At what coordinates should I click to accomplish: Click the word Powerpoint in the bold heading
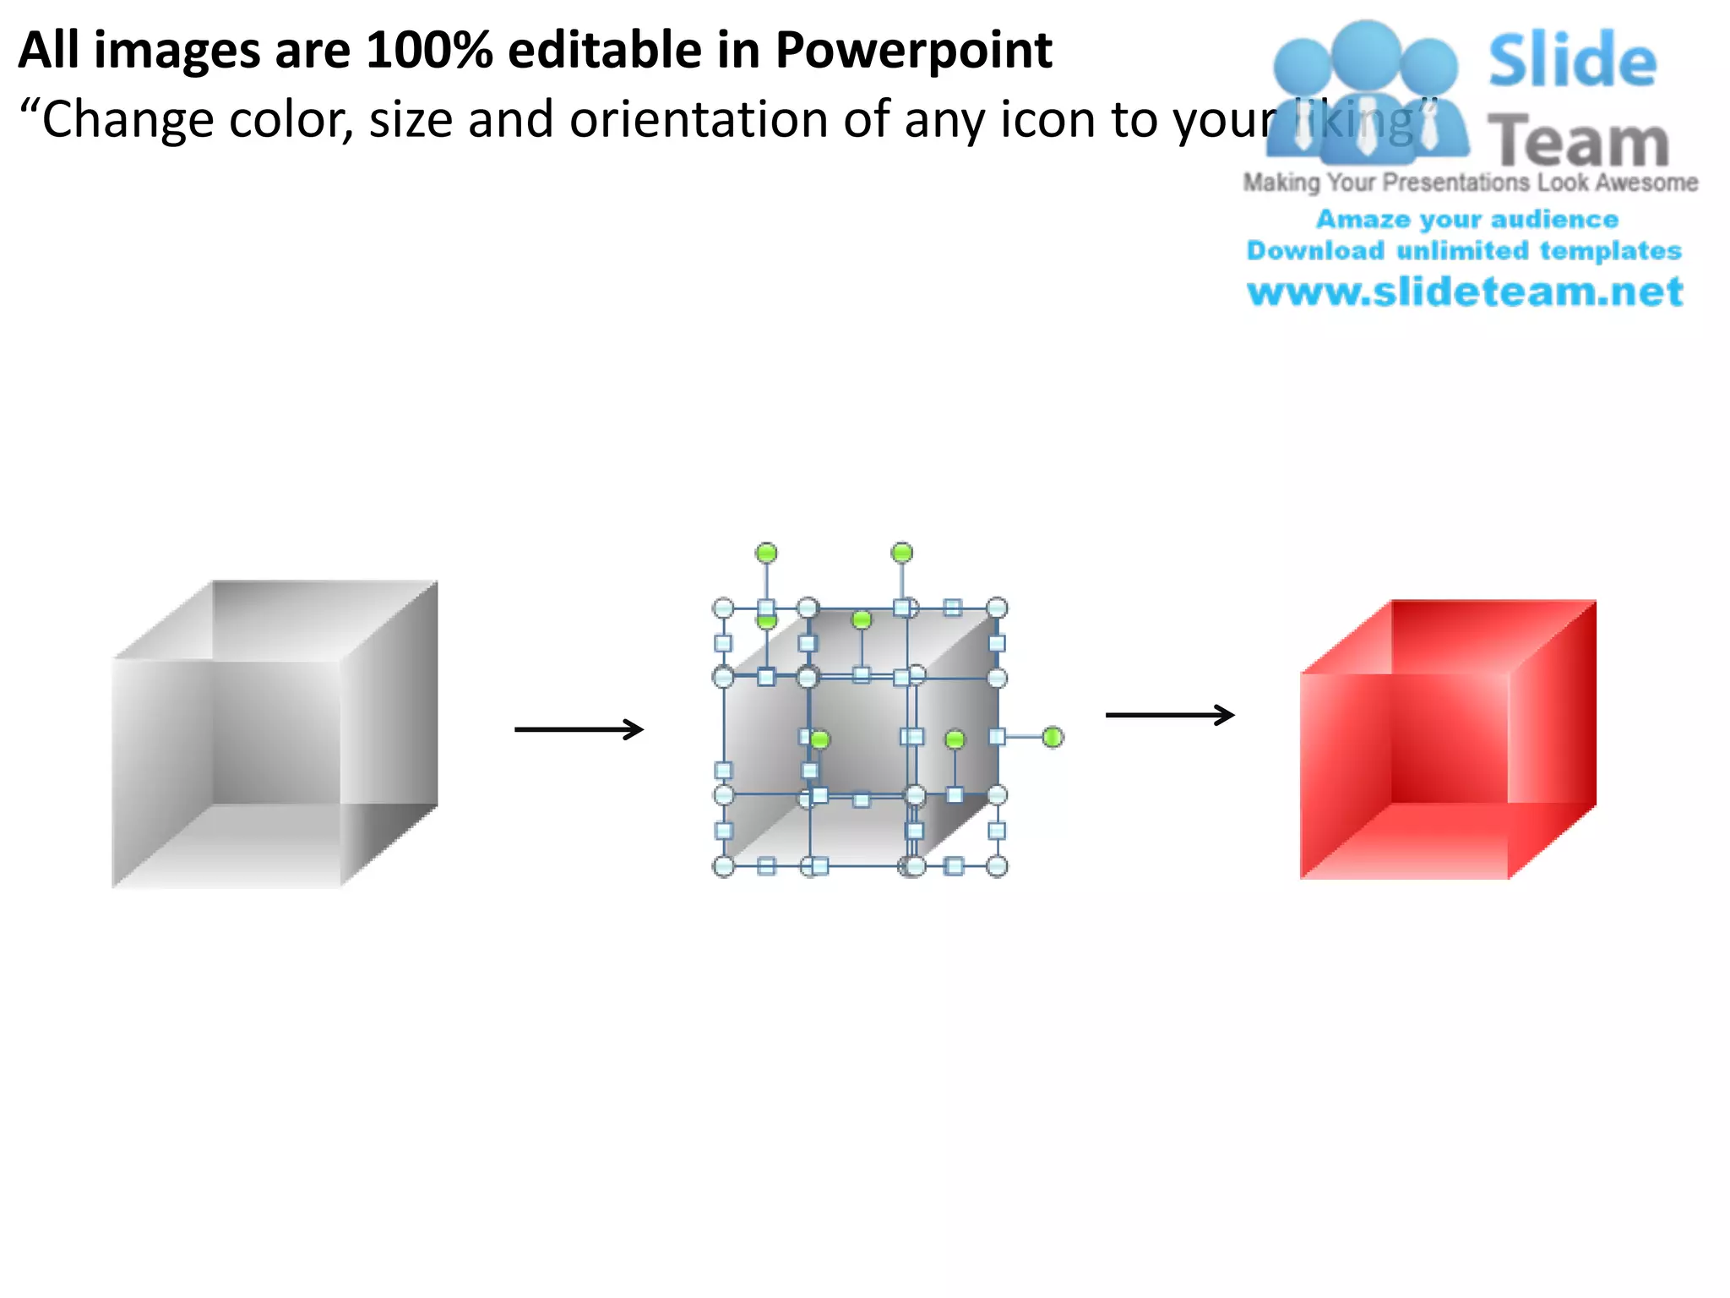(913, 51)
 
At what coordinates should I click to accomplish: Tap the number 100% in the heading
(429, 51)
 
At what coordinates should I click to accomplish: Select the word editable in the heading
(604, 51)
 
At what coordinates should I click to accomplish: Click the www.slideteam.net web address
(1465, 292)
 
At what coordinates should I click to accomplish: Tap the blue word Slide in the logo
(1572, 61)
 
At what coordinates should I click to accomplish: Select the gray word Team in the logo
(1578, 142)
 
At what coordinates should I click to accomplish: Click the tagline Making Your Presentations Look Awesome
(1470, 183)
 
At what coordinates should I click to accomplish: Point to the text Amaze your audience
(1466, 220)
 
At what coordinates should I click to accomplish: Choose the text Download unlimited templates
(1464, 251)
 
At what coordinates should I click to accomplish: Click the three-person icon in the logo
(1366, 93)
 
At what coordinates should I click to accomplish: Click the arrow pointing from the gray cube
(579, 729)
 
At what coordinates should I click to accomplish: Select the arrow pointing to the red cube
(1170, 715)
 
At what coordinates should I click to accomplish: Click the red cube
(1447, 740)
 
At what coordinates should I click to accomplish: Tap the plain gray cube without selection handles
(275, 734)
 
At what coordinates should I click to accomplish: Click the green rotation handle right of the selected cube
(1052, 738)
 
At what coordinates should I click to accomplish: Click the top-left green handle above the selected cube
(766, 554)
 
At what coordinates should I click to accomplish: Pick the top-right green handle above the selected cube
(902, 554)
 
